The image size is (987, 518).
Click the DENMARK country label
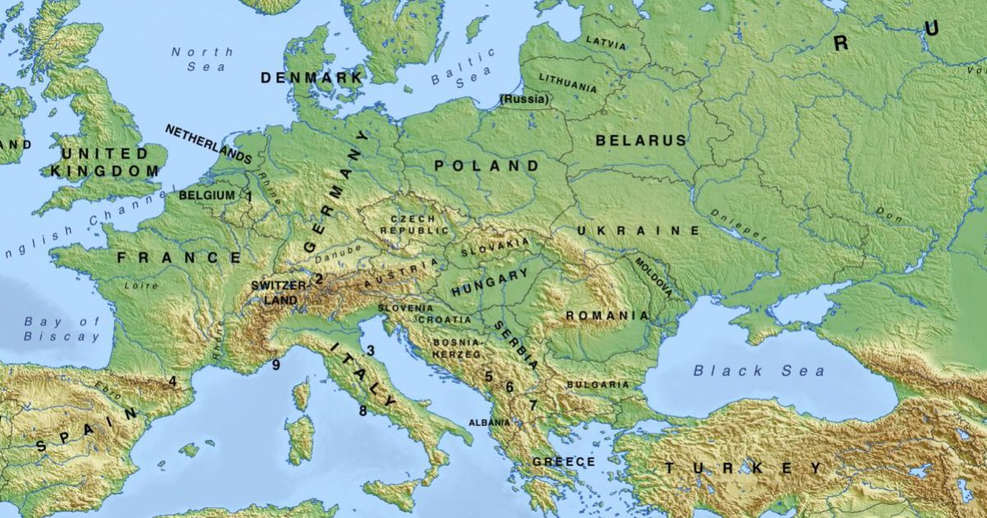pos(312,78)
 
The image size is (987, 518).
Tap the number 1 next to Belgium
pos(249,197)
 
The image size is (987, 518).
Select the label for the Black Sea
pos(758,371)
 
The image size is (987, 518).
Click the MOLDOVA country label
pos(654,277)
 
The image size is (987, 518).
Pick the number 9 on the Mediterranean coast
pos(276,365)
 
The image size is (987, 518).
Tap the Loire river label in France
pos(141,286)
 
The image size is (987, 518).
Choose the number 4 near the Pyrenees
pos(173,381)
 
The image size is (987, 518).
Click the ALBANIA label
pos(489,423)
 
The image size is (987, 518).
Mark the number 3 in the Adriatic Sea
pos(370,351)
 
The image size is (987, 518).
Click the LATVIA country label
pos(605,42)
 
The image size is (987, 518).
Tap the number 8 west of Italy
pos(362,410)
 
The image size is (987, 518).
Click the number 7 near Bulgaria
pos(533,405)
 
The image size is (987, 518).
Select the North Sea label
pos(202,59)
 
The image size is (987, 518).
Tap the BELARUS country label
pos(641,141)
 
